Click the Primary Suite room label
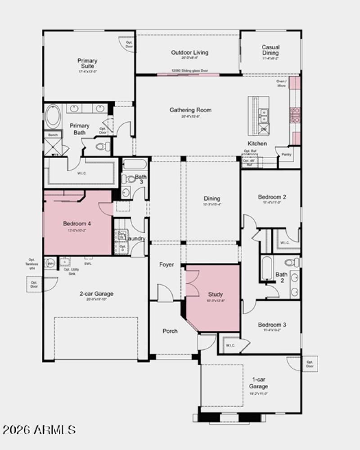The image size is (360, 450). click(x=87, y=63)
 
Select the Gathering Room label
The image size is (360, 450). click(x=190, y=110)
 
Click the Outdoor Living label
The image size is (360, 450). click(x=189, y=53)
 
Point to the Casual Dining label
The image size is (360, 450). click(x=270, y=50)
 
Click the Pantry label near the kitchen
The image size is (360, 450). click(x=286, y=155)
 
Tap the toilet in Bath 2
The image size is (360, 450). click(x=292, y=262)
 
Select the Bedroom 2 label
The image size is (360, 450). click(x=272, y=197)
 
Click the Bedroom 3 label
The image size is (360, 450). click(x=272, y=325)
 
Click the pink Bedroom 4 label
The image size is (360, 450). click(x=77, y=224)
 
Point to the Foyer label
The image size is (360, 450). click(x=166, y=265)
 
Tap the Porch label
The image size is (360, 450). click(x=170, y=331)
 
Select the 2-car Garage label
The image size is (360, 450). click(x=97, y=294)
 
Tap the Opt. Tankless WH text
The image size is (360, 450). click(x=31, y=264)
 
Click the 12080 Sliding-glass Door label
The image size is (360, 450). click(x=189, y=71)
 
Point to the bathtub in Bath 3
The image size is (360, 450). click(x=135, y=164)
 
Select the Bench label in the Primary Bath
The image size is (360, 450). click(x=53, y=135)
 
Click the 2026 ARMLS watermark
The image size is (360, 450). click(x=39, y=430)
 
